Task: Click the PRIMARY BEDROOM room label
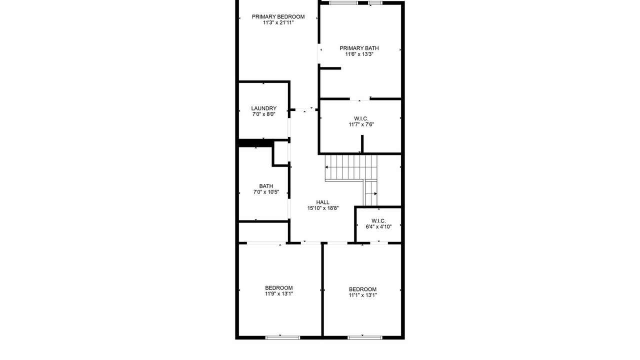pyautogui.click(x=278, y=17)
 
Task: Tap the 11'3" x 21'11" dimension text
pyautogui.click(x=278, y=23)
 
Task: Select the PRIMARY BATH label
pyautogui.click(x=359, y=48)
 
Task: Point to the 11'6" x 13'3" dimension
pyautogui.click(x=359, y=54)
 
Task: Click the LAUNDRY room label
pyautogui.click(x=263, y=108)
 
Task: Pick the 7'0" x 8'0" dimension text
pyautogui.click(x=263, y=114)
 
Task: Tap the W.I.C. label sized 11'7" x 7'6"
pyautogui.click(x=361, y=118)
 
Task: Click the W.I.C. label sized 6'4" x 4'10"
pyautogui.click(x=378, y=221)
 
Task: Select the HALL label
pyautogui.click(x=322, y=202)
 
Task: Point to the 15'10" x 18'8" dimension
pyautogui.click(x=323, y=208)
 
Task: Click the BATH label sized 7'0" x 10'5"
pyautogui.click(x=266, y=186)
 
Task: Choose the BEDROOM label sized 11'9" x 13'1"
pyautogui.click(x=279, y=288)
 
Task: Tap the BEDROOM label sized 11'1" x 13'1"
pyautogui.click(x=362, y=289)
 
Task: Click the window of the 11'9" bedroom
pyautogui.click(x=283, y=337)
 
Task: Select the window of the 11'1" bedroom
pyautogui.click(x=365, y=337)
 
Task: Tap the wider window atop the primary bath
pyautogui.click(x=343, y=3)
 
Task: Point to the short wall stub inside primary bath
pyautogui.click(x=330, y=68)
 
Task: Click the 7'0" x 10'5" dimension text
pyautogui.click(x=266, y=192)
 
